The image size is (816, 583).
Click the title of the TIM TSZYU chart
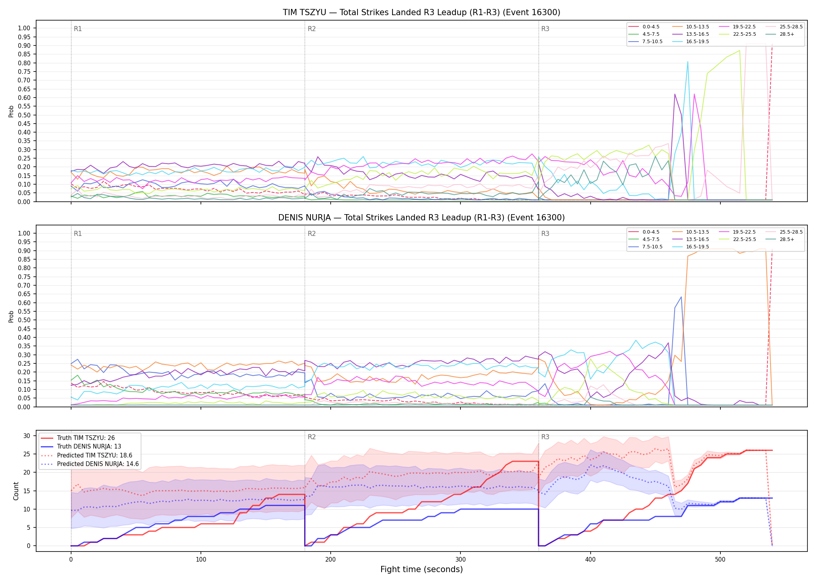pyautogui.click(x=422, y=12)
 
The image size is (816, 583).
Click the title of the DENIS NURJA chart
pyautogui.click(x=422, y=218)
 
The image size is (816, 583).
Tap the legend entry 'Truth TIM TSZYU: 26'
pyautogui.click(x=86, y=438)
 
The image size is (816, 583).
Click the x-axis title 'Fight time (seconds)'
pyautogui.click(x=422, y=569)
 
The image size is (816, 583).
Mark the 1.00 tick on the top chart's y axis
pyautogui.click(x=24, y=28)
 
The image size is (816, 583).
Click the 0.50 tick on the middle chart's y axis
pyautogui.click(x=24, y=320)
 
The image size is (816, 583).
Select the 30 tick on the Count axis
pyautogui.click(x=27, y=436)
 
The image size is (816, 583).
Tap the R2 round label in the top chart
pyautogui.click(x=312, y=29)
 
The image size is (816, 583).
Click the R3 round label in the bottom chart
pyautogui.click(x=546, y=437)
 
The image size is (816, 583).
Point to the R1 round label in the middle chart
pyautogui.click(x=78, y=234)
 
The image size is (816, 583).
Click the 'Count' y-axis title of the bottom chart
pyautogui.click(x=16, y=491)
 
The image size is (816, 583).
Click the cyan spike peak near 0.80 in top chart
pyautogui.click(x=687, y=61)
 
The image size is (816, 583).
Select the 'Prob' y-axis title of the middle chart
pyautogui.click(x=11, y=316)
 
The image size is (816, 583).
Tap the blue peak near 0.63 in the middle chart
pyautogui.click(x=681, y=297)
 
